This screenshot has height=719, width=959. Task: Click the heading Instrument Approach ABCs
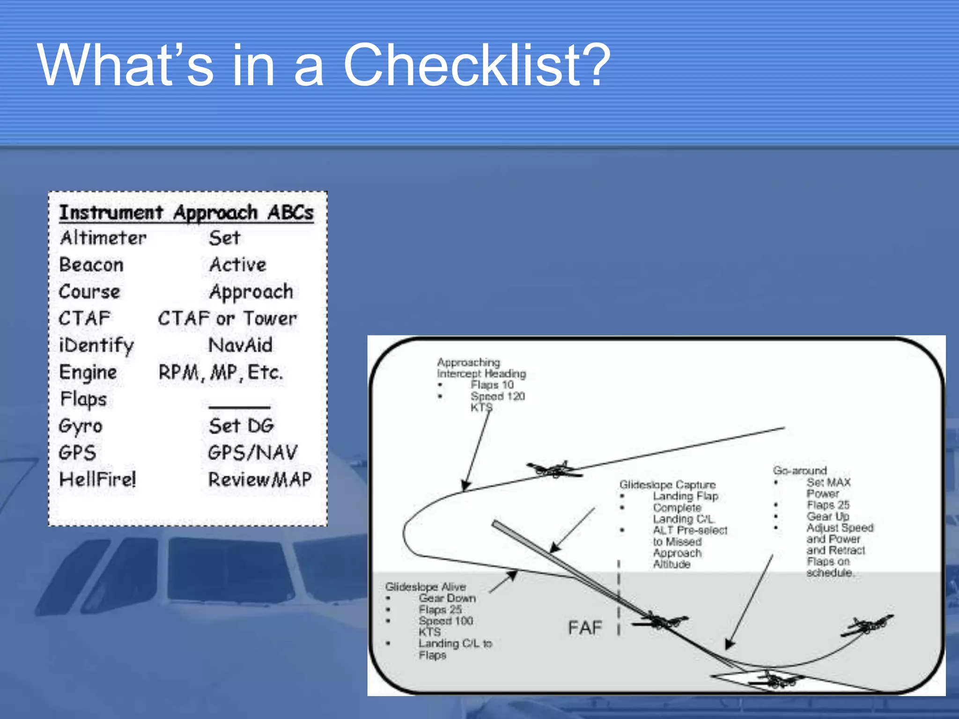pyautogui.click(x=186, y=213)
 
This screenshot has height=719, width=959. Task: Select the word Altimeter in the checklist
pyautogui.click(x=103, y=238)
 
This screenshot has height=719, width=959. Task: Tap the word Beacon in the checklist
pyautogui.click(x=91, y=265)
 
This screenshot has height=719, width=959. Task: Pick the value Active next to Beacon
pyautogui.click(x=238, y=265)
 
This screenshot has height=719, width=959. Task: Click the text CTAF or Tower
pyautogui.click(x=227, y=319)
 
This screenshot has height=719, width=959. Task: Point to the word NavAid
pyautogui.click(x=240, y=345)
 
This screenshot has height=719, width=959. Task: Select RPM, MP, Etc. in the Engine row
pyautogui.click(x=221, y=373)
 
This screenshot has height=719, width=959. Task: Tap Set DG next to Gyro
pyautogui.click(x=241, y=426)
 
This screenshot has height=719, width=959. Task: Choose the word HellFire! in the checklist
pyautogui.click(x=97, y=479)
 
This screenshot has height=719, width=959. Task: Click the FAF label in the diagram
pyautogui.click(x=585, y=628)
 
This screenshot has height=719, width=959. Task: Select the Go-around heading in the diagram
pyautogui.click(x=800, y=470)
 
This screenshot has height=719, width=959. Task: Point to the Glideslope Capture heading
pyautogui.click(x=667, y=484)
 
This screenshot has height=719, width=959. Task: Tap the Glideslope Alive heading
pyautogui.click(x=425, y=587)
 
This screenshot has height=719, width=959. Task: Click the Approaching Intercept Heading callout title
pyautogui.click(x=481, y=368)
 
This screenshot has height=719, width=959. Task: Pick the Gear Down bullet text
pyautogui.click(x=447, y=598)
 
